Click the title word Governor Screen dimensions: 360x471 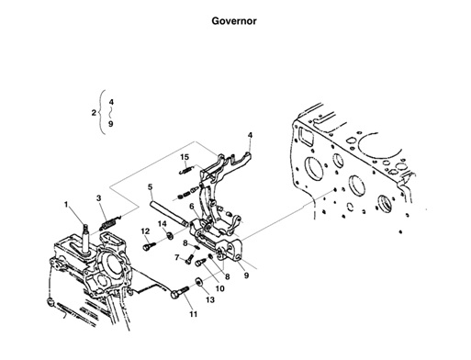(236, 20)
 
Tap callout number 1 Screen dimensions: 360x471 (66, 203)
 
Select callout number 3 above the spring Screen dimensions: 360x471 (99, 198)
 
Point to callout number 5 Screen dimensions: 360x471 (148, 188)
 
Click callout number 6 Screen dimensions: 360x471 (191, 208)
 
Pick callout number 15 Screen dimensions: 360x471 (185, 158)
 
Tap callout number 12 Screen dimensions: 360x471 (145, 231)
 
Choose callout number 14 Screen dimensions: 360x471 (162, 223)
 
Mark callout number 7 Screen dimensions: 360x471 (176, 257)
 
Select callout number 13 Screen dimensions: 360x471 (209, 300)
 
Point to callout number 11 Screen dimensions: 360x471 (194, 315)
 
